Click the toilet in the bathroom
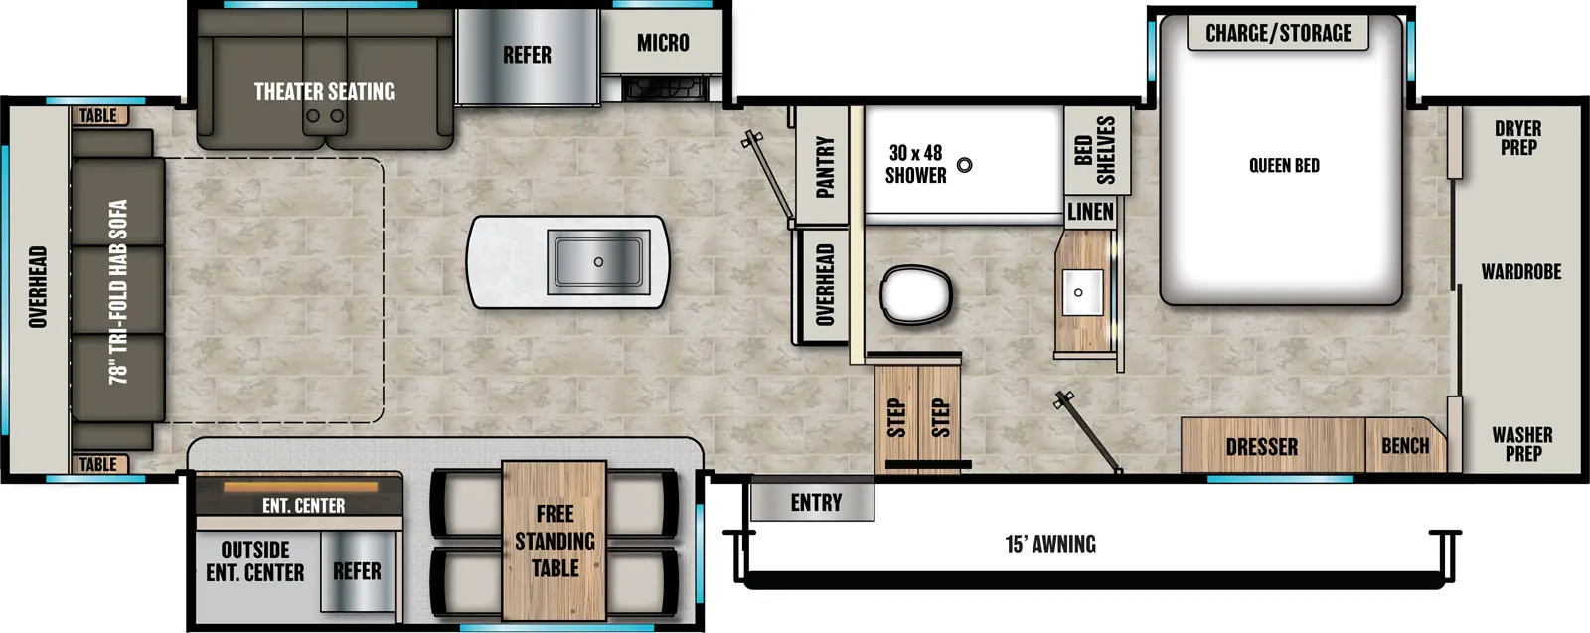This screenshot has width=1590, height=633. point(915,294)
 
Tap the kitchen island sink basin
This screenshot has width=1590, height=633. point(598,261)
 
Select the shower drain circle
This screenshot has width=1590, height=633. point(964,165)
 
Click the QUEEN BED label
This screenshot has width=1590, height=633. point(1284,166)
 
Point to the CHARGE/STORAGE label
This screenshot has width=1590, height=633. point(1278,33)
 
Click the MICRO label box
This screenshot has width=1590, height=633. point(663,43)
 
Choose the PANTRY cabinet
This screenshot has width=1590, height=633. point(824,166)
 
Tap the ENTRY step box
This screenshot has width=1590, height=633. point(815,502)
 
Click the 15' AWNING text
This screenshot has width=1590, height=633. point(1050,544)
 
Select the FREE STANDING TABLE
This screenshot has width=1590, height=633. point(555,541)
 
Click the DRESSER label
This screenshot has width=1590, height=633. point(1261,447)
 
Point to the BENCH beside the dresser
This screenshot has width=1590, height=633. point(1404,446)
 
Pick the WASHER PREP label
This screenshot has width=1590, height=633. point(1521,444)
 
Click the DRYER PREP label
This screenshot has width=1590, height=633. point(1517,137)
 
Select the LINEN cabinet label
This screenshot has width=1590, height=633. point(1090,212)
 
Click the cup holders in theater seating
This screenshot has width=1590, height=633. point(325,116)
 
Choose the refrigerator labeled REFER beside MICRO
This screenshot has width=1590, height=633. point(527,56)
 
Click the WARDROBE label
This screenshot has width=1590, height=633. point(1520,271)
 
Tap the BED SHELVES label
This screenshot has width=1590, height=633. point(1095,150)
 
